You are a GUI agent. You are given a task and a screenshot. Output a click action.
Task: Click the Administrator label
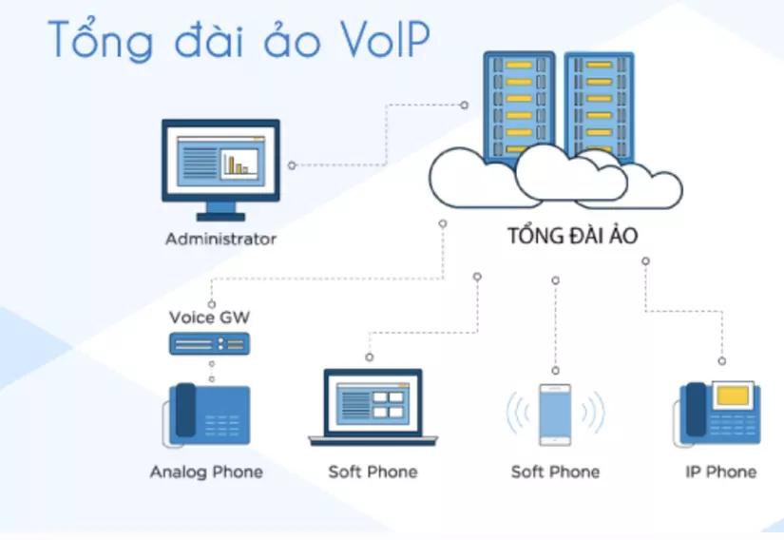(220, 239)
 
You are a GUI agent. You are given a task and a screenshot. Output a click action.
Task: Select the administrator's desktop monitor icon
(220, 162)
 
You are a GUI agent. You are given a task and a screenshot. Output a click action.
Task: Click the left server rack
(519, 105)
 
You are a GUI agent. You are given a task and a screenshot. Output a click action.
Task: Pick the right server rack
(598, 105)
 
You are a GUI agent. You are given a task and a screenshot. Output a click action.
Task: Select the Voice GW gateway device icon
(209, 344)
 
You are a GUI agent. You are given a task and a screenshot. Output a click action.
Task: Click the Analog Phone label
(206, 472)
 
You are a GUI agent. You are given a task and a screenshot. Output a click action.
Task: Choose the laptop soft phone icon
(373, 409)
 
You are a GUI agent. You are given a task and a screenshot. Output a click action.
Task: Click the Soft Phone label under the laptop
(373, 472)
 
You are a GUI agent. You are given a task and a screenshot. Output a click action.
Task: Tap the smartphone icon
(555, 415)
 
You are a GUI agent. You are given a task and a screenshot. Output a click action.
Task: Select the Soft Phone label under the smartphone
(555, 472)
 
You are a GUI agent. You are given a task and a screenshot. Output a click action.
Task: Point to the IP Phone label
(720, 472)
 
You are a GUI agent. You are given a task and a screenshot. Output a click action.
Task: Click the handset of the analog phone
(184, 411)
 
